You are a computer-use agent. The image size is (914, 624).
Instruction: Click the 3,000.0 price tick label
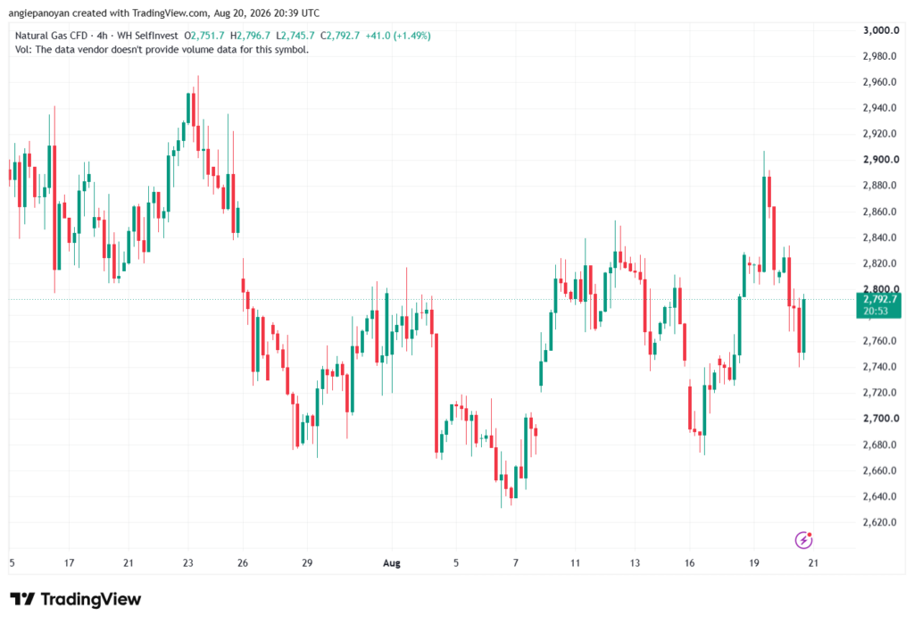point(881,30)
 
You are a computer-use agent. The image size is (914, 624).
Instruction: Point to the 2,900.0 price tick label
point(881,160)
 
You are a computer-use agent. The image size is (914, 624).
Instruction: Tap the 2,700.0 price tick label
point(881,419)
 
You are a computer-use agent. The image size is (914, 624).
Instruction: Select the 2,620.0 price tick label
point(879,522)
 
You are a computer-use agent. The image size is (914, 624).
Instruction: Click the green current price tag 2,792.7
point(878,305)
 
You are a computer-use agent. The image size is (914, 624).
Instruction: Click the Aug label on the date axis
point(392,563)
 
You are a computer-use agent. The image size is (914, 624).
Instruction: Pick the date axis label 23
point(187,563)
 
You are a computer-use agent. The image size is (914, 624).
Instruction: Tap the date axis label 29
point(307,563)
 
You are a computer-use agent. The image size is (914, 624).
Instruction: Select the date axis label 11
point(576,563)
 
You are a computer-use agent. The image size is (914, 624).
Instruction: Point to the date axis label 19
point(754,563)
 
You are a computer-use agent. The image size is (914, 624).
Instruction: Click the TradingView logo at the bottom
point(76,600)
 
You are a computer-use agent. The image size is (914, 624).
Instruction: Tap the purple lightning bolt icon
point(804,540)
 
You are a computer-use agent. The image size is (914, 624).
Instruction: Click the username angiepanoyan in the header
point(39,12)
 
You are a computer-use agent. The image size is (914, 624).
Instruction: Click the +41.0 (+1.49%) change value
point(398,36)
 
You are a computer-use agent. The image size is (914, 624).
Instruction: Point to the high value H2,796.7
point(250,36)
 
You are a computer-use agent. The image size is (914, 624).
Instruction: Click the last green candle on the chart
point(804,327)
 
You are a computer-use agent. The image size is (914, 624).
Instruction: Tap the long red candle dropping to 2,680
point(436,393)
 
